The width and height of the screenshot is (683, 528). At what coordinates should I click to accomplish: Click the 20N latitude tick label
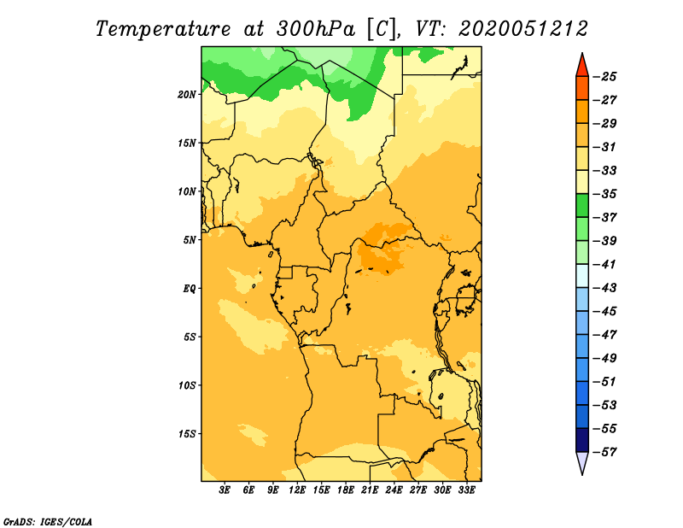[186, 95]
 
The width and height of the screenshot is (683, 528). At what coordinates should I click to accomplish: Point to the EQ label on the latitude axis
[189, 289]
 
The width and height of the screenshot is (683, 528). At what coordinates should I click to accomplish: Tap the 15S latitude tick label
[187, 434]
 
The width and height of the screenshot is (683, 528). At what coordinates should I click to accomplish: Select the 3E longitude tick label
[224, 490]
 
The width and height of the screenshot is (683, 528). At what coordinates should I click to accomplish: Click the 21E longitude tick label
[370, 490]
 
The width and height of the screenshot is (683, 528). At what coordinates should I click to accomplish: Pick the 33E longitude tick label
[466, 490]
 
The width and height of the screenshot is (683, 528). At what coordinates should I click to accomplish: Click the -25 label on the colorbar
[605, 77]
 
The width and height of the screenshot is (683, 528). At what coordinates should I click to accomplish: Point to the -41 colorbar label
[605, 264]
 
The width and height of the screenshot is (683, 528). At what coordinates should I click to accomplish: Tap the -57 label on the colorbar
[605, 452]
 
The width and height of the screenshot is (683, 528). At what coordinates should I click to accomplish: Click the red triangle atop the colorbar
[582, 67]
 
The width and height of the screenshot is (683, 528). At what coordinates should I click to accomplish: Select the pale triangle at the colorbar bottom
[582, 461]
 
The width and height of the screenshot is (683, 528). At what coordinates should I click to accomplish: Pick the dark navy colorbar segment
[582, 440]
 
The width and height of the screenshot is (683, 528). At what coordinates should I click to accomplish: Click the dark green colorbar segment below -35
[582, 206]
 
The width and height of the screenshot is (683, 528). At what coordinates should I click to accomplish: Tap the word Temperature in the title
[163, 30]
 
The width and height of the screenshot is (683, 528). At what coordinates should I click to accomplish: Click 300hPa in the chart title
[315, 29]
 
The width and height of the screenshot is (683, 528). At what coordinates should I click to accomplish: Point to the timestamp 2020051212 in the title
[523, 29]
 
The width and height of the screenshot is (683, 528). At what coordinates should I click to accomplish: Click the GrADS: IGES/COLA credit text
[48, 521]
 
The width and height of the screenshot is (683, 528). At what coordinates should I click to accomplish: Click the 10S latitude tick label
[187, 385]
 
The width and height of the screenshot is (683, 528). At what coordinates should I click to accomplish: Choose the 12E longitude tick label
[296, 490]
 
